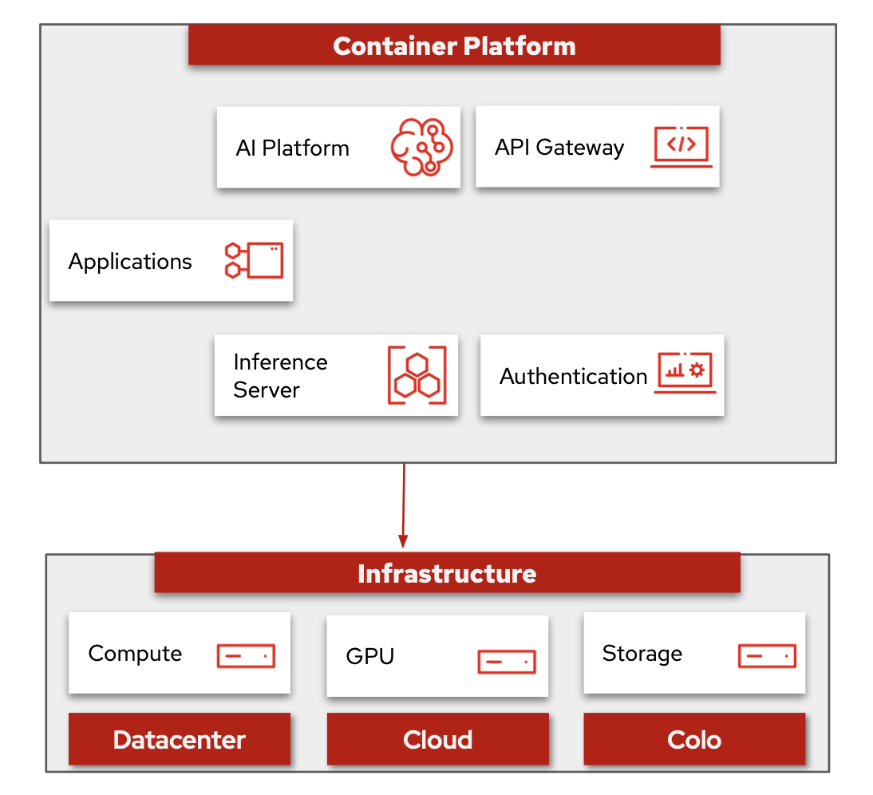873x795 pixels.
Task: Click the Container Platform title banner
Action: click(x=454, y=45)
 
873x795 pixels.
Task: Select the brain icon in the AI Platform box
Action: click(x=421, y=148)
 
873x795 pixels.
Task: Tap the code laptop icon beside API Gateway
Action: click(x=681, y=147)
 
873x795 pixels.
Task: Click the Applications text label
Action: click(x=130, y=262)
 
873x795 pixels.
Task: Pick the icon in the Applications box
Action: click(x=254, y=260)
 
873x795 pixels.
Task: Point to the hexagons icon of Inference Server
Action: click(x=417, y=375)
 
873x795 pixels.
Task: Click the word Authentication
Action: click(x=573, y=376)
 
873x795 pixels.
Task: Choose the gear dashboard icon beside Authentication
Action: click(x=685, y=373)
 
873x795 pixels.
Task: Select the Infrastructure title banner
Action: click(x=447, y=573)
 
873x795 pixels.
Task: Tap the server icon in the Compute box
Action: click(x=246, y=655)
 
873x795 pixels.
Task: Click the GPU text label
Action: click(x=370, y=657)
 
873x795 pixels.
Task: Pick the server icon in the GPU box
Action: click(x=506, y=661)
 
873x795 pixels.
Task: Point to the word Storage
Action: click(x=642, y=654)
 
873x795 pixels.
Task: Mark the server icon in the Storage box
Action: click(x=767, y=655)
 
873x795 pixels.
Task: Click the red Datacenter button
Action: click(x=180, y=739)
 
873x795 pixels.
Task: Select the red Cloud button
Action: click(x=437, y=739)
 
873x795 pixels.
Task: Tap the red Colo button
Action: click(x=694, y=739)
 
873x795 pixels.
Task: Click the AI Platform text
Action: click(x=292, y=148)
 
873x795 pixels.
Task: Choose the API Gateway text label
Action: click(x=559, y=148)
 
